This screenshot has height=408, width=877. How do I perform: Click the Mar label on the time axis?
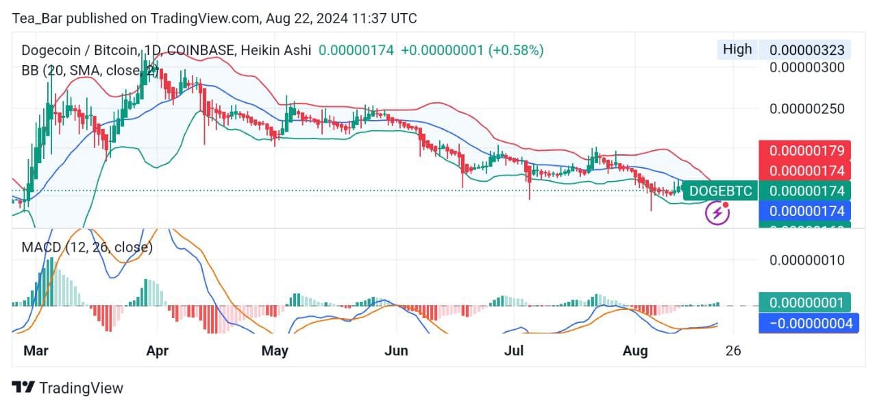point(35,351)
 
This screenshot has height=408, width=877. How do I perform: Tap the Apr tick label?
point(158,351)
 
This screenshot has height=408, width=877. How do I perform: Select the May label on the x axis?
point(275,351)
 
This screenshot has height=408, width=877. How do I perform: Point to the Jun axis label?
point(396,351)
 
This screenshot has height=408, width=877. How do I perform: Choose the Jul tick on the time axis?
point(513,351)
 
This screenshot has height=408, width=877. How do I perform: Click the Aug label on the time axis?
point(635,351)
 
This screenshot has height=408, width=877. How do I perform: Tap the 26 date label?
point(733,351)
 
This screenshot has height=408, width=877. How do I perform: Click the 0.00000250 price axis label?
point(806,109)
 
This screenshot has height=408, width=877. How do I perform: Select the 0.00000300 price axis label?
point(806,67)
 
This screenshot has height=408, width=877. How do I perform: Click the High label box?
point(737,49)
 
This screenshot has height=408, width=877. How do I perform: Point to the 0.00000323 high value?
point(806,50)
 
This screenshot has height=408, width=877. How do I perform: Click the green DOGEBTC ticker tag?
point(719,191)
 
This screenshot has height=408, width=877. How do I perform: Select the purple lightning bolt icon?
point(717,213)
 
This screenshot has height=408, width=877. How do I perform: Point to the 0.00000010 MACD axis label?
point(806,260)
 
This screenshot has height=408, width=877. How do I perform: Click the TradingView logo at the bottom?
point(69,388)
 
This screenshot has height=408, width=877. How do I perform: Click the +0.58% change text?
point(515,50)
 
